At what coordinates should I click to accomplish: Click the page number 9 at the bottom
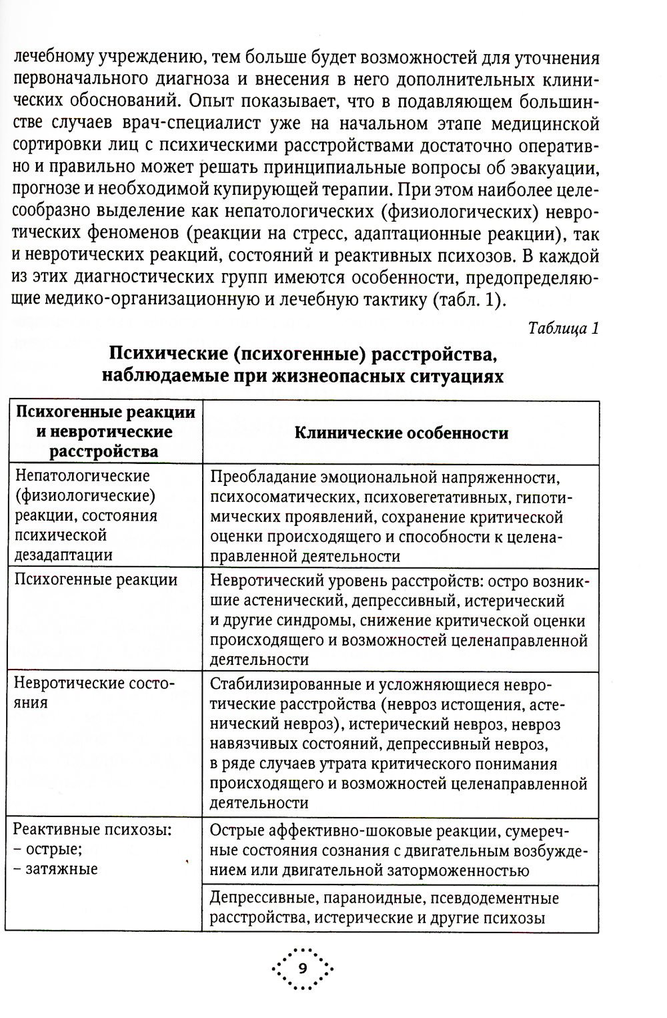click(x=302, y=968)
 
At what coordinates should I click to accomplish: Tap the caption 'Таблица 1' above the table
click(x=564, y=328)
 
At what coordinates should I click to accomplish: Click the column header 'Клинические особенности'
click(x=401, y=433)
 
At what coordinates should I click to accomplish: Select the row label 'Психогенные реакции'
click(x=96, y=579)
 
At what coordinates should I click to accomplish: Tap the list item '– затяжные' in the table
click(x=55, y=869)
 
